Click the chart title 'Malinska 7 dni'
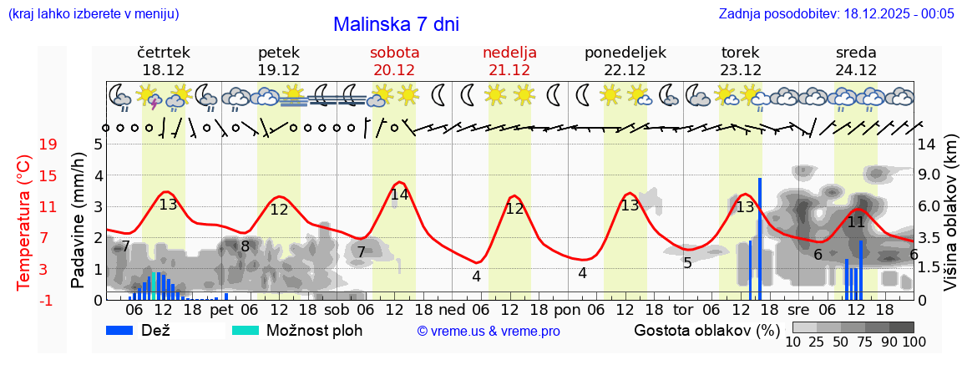pyautogui.click(x=396, y=24)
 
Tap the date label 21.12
pyautogui.click(x=509, y=69)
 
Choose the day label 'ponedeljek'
pyautogui.click(x=625, y=53)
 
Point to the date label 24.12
pyautogui.click(x=856, y=69)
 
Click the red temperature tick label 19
pyautogui.click(x=48, y=144)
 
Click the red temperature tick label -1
pyautogui.click(x=48, y=300)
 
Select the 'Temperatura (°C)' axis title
pyautogui.click(x=24, y=222)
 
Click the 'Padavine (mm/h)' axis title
pyautogui.click(x=78, y=220)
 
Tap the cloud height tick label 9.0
pyautogui.click(x=929, y=175)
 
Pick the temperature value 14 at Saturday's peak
pyautogui.click(x=399, y=195)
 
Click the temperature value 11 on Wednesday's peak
pyautogui.click(x=856, y=222)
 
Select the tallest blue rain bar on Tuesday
pyautogui.click(x=760, y=238)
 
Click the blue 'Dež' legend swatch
pyautogui.click(x=125, y=330)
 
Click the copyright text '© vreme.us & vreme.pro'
pyautogui.click(x=489, y=331)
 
